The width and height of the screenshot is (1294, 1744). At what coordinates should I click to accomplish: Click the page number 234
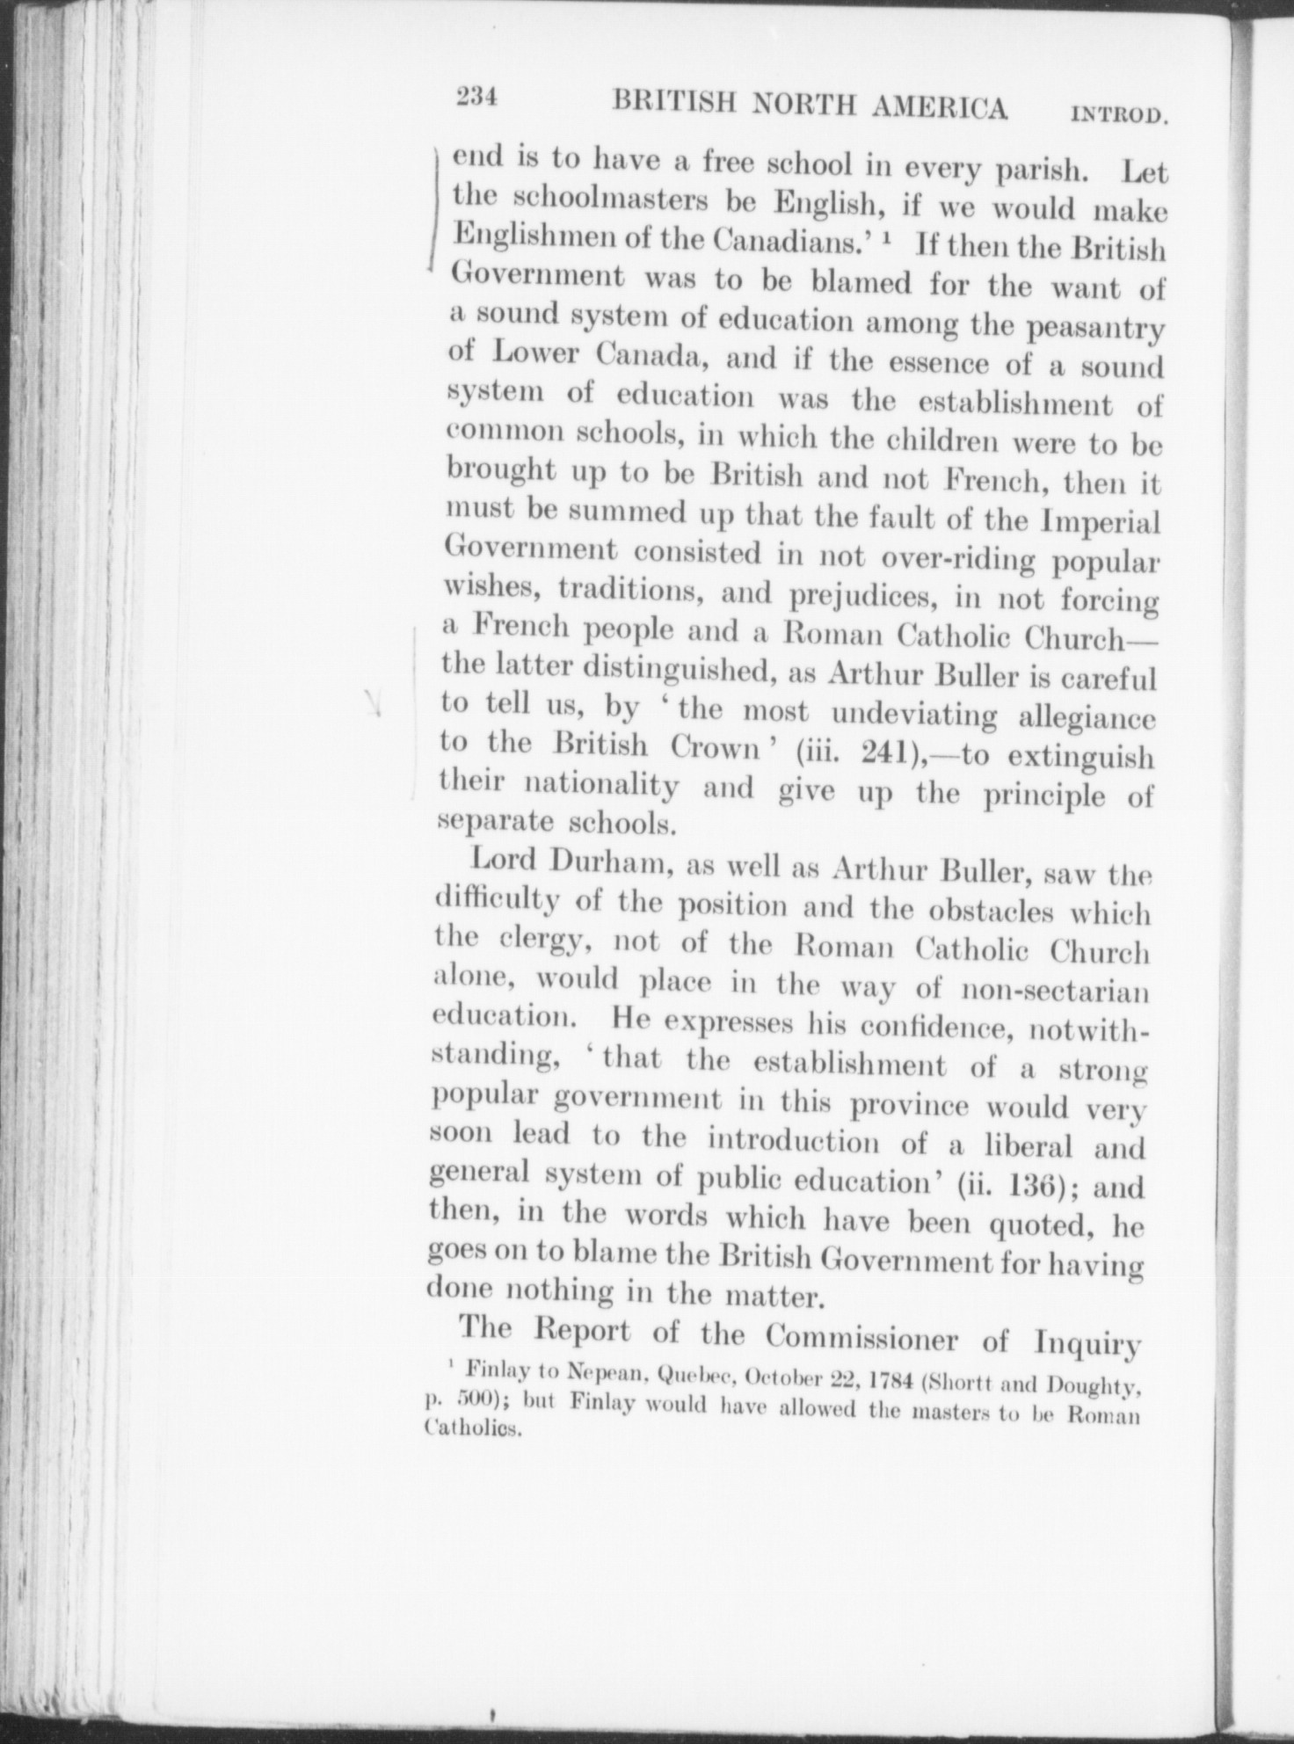click(476, 98)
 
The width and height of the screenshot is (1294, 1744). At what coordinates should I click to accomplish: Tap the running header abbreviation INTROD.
click(1118, 114)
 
